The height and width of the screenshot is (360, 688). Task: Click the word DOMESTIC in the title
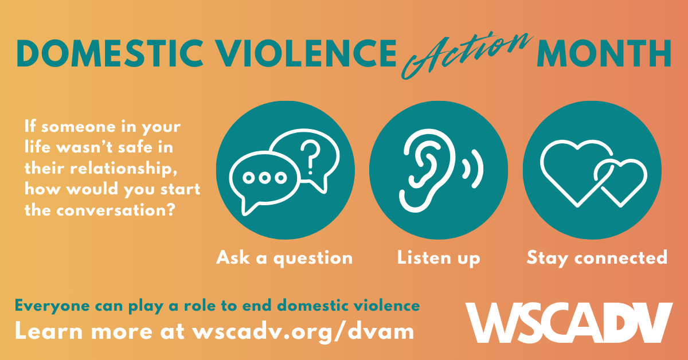tap(110, 53)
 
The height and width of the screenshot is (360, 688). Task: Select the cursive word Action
tap(467, 55)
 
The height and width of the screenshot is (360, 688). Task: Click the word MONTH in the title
tap(604, 53)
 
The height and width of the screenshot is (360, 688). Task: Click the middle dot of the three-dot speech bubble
tap(264, 178)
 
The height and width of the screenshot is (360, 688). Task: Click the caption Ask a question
tap(284, 258)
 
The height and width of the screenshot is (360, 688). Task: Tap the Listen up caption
tap(439, 258)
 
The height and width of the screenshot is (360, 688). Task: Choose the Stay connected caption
tap(597, 258)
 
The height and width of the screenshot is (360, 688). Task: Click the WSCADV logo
tap(569, 323)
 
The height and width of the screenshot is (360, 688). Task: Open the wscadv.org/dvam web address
tap(303, 332)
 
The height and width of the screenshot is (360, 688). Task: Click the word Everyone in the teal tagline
tap(53, 306)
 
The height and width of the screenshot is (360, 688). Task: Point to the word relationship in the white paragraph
tap(124, 169)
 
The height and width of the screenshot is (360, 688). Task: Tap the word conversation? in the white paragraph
tap(116, 211)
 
